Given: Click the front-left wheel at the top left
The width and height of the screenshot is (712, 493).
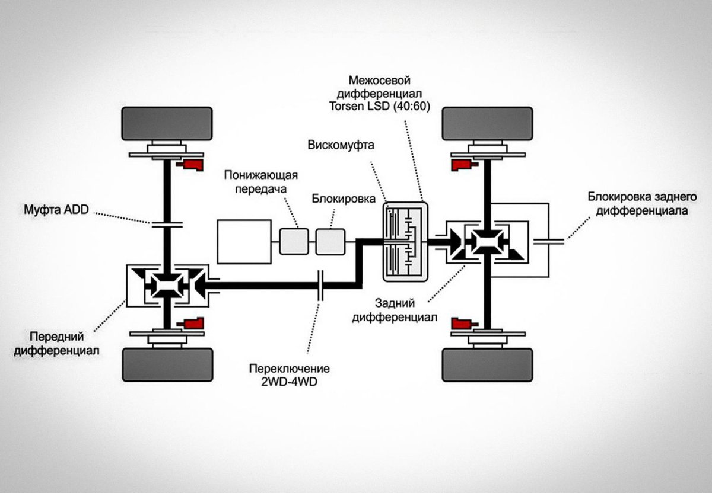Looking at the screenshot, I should coord(167,123).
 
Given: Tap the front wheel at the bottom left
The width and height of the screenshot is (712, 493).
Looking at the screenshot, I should coord(167,364).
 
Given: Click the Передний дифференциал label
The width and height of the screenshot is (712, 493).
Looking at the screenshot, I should coord(61,343).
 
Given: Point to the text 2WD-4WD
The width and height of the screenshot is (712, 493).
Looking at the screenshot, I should coord(289,380).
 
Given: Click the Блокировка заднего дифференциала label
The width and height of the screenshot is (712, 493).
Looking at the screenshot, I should coord(633,203).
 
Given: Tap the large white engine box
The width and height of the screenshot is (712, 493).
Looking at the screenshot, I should coord(243,241).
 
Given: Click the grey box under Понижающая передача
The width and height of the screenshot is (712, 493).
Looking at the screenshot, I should coord(294,241).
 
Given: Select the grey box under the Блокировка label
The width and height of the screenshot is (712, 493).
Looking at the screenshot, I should coord(330,241).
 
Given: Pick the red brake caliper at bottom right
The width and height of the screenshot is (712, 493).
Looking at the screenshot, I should coord(463,324).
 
